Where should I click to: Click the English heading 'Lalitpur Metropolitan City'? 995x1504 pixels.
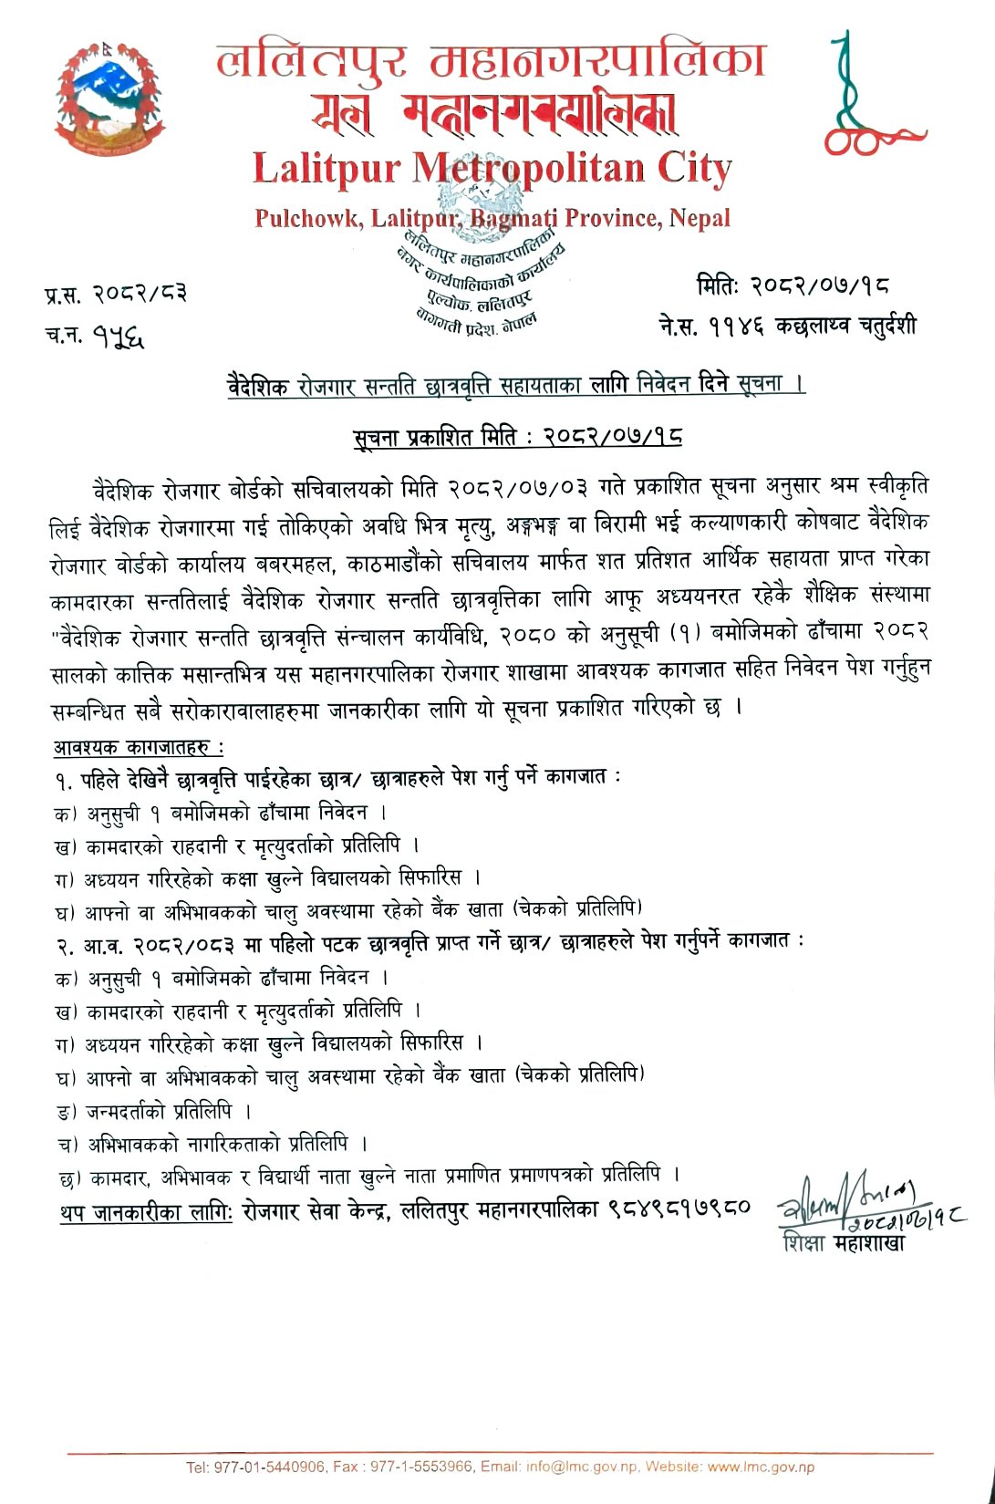492,170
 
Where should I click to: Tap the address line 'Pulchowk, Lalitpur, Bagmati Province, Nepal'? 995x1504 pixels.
492,219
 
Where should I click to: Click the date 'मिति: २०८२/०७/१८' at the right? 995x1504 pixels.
793,286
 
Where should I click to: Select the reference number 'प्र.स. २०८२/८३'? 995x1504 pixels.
116,295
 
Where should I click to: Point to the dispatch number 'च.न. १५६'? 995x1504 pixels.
95,336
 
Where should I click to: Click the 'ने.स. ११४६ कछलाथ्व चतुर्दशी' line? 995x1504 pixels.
788,326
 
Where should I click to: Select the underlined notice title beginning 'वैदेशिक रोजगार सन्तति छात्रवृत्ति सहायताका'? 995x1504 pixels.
516,385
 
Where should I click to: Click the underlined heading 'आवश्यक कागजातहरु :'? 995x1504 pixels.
139,747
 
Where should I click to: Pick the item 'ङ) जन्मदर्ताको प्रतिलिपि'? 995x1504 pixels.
154,1112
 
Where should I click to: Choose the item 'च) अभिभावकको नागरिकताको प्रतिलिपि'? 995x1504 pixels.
211,1144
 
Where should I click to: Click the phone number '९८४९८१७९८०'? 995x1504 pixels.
679,1208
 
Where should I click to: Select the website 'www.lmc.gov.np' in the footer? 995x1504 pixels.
761,1468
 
